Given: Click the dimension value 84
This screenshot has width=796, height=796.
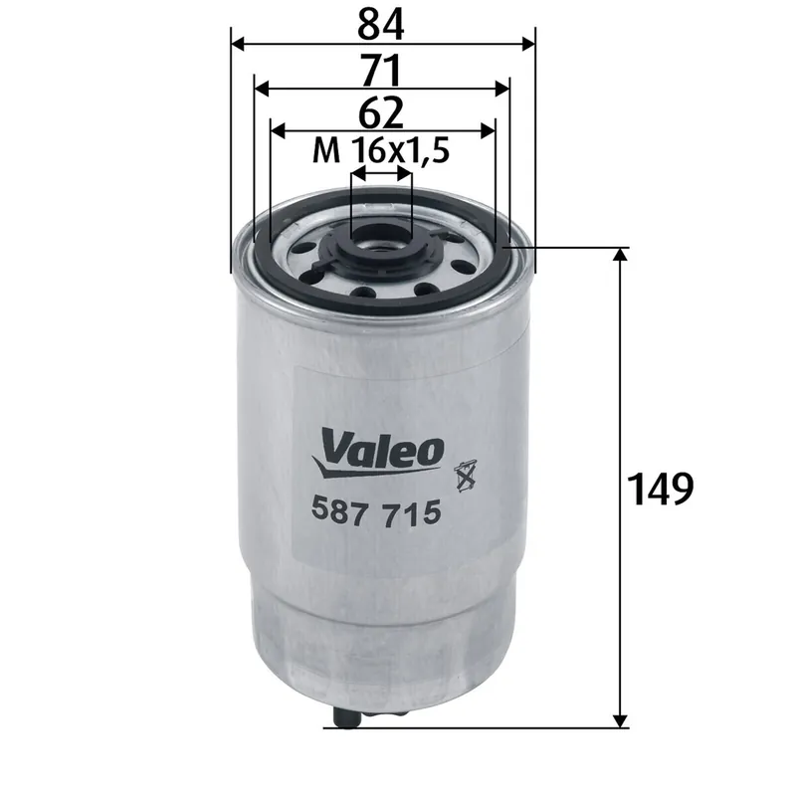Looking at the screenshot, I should (382, 22).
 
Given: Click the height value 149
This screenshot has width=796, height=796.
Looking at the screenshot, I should (660, 488).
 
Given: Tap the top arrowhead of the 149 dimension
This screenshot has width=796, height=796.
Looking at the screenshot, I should (621, 255).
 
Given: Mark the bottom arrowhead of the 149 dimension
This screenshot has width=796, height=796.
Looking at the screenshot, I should (621, 718).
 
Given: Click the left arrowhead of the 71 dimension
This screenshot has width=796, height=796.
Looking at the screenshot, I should (261, 89).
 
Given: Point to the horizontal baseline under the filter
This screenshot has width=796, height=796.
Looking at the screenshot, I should (478, 726).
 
